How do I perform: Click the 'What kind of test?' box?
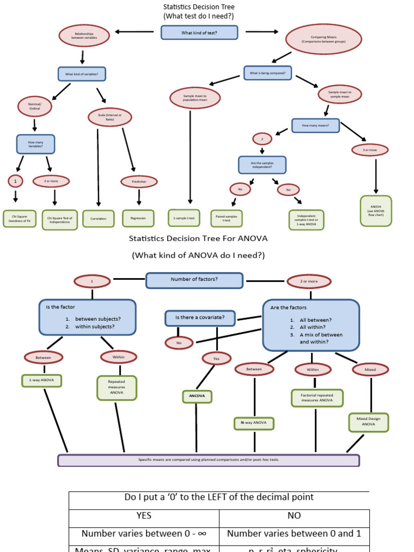tap(199, 32)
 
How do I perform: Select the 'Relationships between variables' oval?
tap(84, 36)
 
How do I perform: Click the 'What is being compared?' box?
tap(267, 72)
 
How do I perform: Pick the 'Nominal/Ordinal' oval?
tap(34, 106)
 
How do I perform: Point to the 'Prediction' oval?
tap(139, 182)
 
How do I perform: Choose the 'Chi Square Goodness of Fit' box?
tap(19, 219)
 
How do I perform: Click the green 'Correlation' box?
tap(98, 218)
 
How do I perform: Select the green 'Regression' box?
tap(138, 218)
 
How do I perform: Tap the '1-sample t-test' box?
tap(184, 218)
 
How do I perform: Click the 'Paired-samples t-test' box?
tap(227, 218)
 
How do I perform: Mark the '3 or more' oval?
tap(369, 149)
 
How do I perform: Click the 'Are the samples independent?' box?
tap(262, 165)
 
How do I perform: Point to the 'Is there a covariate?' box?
tap(201, 318)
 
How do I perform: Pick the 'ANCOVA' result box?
tap(197, 396)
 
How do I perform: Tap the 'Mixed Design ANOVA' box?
tap(368, 422)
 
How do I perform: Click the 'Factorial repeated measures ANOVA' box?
tap(317, 398)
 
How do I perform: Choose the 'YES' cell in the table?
tap(144, 516)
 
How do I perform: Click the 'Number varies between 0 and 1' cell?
tap(294, 534)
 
